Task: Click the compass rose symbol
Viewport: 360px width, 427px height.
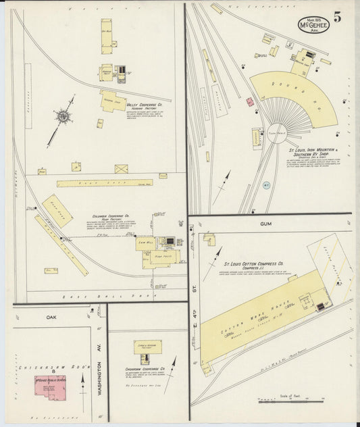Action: click(63, 117)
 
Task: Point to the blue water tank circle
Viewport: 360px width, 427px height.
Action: click(265, 184)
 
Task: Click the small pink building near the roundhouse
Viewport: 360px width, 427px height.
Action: click(249, 102)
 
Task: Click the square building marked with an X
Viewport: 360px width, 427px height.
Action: click(121, 168)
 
